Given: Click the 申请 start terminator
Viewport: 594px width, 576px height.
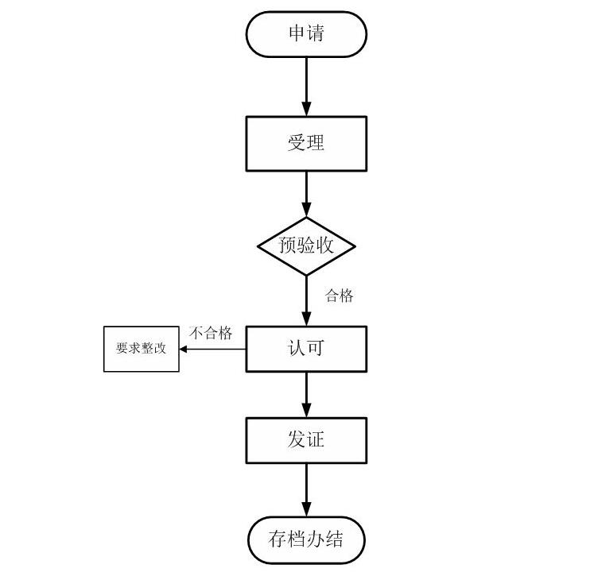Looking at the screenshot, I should pos(306,35).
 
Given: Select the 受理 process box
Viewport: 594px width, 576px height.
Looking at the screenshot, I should pos(306,144).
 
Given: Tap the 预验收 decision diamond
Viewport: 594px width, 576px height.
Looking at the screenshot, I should pos(306,246).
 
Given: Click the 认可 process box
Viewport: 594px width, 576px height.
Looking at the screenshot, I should pos(306,349).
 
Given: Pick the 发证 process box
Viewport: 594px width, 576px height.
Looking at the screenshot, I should pos(306,440).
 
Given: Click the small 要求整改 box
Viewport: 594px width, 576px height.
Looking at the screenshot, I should pos(141,349).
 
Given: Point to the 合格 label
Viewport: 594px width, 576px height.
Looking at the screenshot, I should pos(339,296).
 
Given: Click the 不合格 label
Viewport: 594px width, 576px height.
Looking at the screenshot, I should pos(211,333).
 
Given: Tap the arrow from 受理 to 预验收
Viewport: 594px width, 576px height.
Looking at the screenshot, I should pos(306,194).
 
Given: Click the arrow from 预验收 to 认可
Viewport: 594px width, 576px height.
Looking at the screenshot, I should pos(306,301).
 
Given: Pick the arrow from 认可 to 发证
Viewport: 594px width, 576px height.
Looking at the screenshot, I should pos(306,395).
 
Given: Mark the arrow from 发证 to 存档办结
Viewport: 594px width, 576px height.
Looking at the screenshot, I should pos(306,490).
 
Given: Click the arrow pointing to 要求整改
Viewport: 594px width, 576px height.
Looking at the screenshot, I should pos(212,349).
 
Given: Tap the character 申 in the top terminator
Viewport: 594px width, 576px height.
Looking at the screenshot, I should pos(297,35).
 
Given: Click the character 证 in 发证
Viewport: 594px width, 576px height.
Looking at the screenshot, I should pos(316,440).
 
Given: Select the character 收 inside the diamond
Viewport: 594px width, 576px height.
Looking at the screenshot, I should pos(324,246).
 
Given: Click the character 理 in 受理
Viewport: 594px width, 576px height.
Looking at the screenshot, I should pos(316,144).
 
